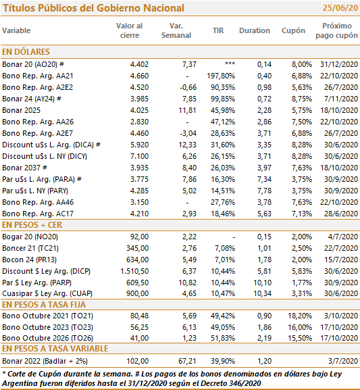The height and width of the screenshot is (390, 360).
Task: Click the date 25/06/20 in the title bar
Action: tap(340, 8)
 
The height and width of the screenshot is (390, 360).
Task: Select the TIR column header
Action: tap(218, 30)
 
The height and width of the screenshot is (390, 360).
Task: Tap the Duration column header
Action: tap(255, 30)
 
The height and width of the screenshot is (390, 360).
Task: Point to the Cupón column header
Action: tap(293, 31)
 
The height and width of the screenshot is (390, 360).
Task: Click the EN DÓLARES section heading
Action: tap(26, 52)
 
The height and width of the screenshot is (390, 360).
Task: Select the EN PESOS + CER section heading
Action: tap(32, 225)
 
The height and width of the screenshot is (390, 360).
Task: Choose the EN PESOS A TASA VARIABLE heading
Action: tap(55, 349)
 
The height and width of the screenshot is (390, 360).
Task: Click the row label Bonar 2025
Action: tap(21, 110)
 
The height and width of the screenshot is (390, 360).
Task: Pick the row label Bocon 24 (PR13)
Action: tap(29, 260)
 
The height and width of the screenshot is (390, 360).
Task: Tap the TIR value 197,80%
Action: tap(221, 76)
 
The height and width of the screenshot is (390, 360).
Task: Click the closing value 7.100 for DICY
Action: tap(139, 156)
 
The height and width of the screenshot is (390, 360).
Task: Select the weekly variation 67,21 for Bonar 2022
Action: tap(187, 361)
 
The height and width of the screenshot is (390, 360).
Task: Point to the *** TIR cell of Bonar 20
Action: tap(230, 64)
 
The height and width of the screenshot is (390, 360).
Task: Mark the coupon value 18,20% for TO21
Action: tap(300, 316)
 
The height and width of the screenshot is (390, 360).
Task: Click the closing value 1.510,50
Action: tap(134, 271)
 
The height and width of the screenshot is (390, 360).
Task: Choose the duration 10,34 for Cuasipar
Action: tap(262, 293)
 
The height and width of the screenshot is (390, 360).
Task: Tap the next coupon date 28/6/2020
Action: tap(341, 214)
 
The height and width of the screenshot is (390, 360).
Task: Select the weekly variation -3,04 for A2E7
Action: tap(188, 133)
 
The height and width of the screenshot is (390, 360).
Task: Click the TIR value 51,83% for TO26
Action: tap(223, 338)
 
